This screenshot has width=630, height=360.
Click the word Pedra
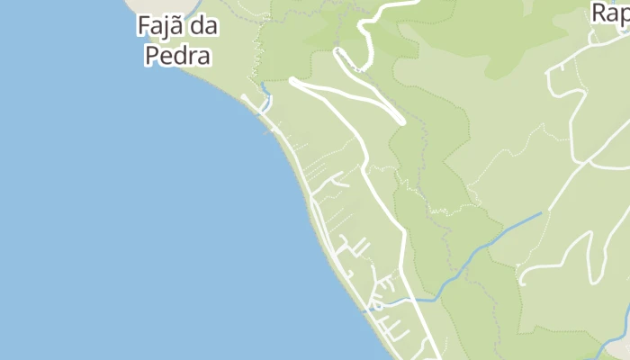(x=178, y=57)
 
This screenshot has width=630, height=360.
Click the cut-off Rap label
(x=610, y=13)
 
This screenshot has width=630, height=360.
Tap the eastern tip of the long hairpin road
(x=401, y=120)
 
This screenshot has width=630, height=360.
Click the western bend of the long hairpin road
(x=293, y=82)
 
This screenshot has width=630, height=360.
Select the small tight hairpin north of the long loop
(x=339, y=52)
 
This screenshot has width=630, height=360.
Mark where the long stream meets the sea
(x=364, y=311)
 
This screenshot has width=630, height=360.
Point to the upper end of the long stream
(x=542, y=213)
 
